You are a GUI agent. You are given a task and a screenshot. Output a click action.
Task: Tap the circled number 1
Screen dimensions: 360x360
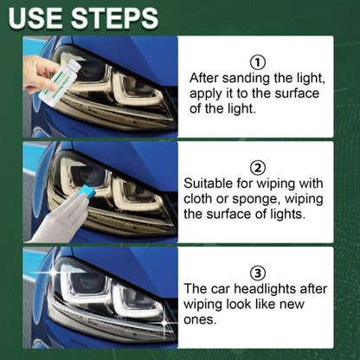(x=256, y=61)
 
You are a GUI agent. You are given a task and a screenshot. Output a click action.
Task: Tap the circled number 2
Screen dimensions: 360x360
(x=256, y=167)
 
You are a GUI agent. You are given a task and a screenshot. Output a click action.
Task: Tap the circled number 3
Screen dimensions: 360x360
(x=256, y=273)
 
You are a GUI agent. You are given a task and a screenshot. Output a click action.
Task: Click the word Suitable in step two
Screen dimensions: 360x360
(x=212, y=184)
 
